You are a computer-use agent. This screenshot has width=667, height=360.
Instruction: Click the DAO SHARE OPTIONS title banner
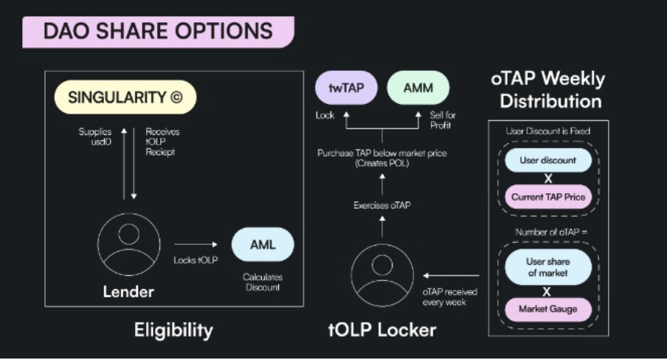click(157, 31)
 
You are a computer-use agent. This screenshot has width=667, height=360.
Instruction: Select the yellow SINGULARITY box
click(125, 97)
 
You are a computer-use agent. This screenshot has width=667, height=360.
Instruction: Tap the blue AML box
click(262, 244)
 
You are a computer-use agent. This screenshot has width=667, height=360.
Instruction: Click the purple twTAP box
click(347, 89)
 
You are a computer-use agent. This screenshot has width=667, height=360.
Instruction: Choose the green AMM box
click(418, 89)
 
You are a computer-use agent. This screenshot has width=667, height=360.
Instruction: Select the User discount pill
click(547, 160)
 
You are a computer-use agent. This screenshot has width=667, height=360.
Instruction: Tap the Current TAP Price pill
click(547, 197)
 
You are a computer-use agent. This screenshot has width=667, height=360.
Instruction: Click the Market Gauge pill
click(547, 308)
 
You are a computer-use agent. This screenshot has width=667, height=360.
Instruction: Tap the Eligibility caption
click(173, 330)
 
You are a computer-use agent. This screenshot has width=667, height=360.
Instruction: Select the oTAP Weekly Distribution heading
click(547, 89)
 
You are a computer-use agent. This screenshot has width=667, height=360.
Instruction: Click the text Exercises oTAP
click(381, 205)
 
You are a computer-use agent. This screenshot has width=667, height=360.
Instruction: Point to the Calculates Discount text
click(263, 282)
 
